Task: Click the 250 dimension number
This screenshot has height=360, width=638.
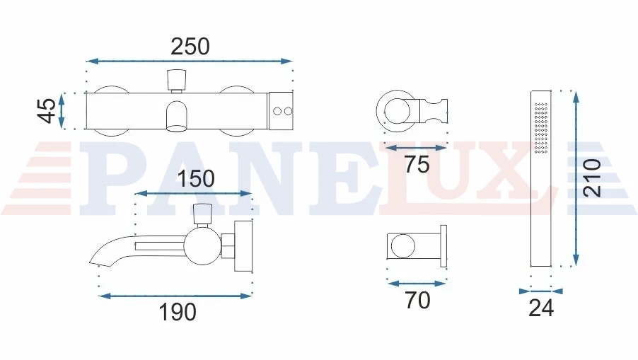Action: tap(190, 47)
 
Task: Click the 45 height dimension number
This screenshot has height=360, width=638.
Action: tap(47, 110)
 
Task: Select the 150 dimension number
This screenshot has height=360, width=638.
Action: tap(196, 179)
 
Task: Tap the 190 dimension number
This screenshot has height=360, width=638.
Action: tap(178, 312)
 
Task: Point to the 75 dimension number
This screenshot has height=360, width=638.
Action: tap(417, 164)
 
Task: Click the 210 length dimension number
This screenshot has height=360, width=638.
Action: tap(591, 178)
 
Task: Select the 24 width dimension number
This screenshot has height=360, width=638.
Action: tap(541, 308)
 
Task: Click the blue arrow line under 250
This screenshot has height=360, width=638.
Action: tap(189, 62)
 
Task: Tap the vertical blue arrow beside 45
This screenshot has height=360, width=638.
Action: tap(62, 110)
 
